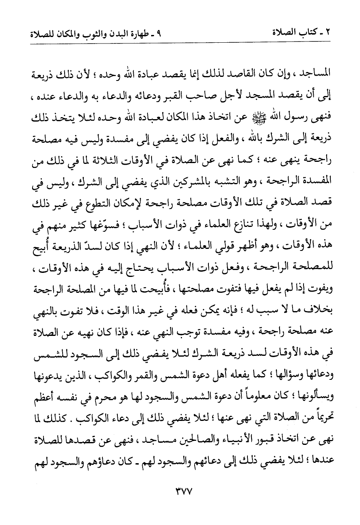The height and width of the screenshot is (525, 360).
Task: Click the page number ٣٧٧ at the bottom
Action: point(180,502)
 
